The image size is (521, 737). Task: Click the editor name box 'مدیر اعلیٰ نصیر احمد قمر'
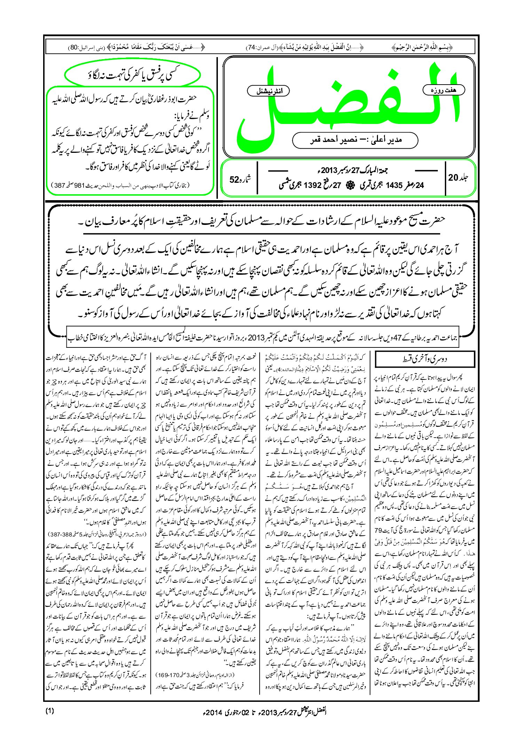355,140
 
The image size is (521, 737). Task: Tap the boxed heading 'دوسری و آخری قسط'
424,360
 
